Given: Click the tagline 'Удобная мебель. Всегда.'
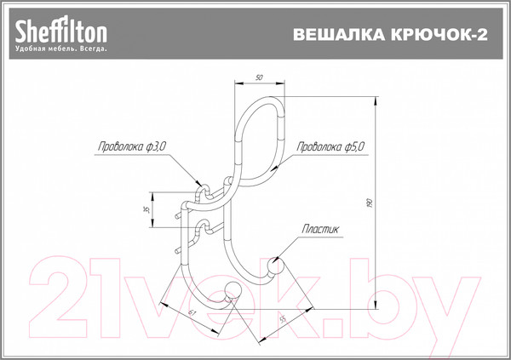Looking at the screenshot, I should tap(60, 50).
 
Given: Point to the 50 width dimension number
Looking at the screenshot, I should tap(258, 78).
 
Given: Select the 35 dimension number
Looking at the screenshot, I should tap(146, 209).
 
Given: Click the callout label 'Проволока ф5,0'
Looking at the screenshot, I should tap(330, 147).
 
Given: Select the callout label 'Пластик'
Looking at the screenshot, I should tap(319, 229).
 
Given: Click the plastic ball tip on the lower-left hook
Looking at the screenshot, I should tap(233, 290).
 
